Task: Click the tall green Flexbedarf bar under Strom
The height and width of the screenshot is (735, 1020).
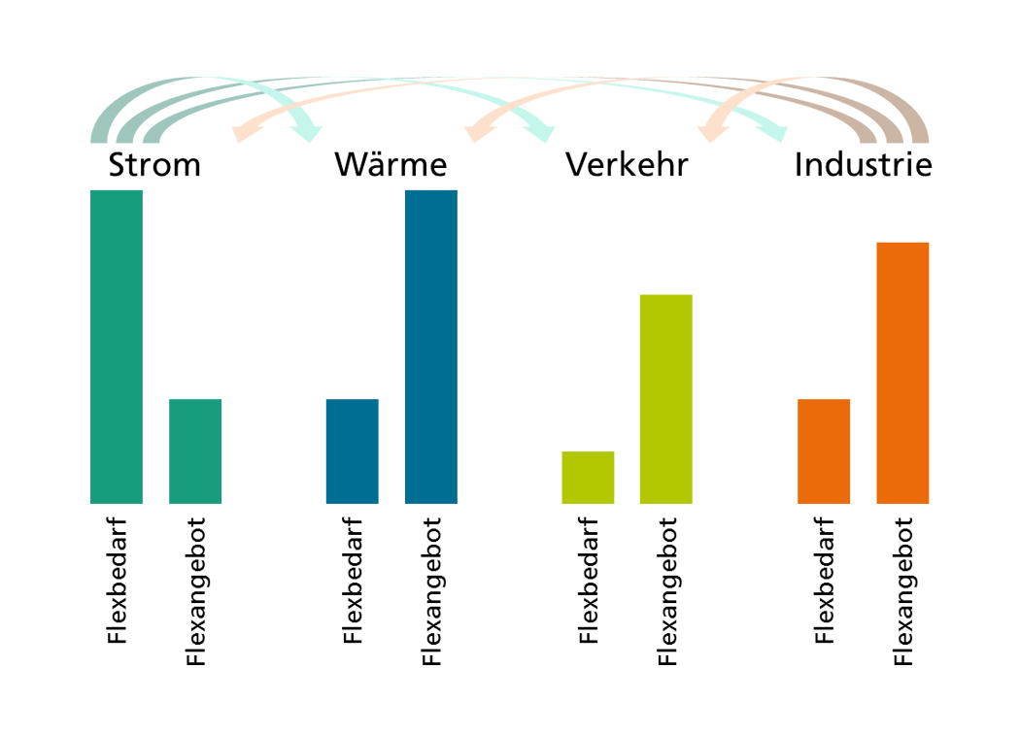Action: (117, 347)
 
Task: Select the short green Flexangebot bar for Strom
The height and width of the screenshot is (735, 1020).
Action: (195, 451)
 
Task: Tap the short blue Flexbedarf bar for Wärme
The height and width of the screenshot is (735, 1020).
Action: (352, 451)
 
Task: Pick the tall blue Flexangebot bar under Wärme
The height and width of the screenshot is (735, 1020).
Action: (431, 347)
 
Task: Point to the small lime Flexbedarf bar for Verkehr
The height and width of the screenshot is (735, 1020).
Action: (588, 478)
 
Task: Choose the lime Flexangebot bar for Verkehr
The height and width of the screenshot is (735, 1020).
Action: (666, 399)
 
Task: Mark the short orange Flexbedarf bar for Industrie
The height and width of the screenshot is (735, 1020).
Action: (824, 451)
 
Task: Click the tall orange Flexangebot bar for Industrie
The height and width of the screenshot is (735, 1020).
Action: (902, 373)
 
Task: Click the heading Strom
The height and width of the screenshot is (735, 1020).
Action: (154, 164)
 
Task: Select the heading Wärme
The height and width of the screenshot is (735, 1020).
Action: (391, 163)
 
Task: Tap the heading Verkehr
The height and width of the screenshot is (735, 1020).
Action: (627, 164)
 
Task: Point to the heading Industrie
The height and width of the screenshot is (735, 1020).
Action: (864, 164)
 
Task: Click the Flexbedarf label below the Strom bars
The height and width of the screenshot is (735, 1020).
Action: (118, 581)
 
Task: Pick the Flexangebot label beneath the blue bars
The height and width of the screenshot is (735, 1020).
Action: (432, 591)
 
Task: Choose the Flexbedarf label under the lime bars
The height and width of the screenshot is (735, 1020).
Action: (588, 581)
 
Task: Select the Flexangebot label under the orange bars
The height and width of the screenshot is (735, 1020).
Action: (903, 591)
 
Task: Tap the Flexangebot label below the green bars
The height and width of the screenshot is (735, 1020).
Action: (196, 591)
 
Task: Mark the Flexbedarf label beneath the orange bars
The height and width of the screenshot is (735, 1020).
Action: (824, 581)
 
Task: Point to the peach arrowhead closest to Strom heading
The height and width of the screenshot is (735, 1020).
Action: (245, 132)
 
